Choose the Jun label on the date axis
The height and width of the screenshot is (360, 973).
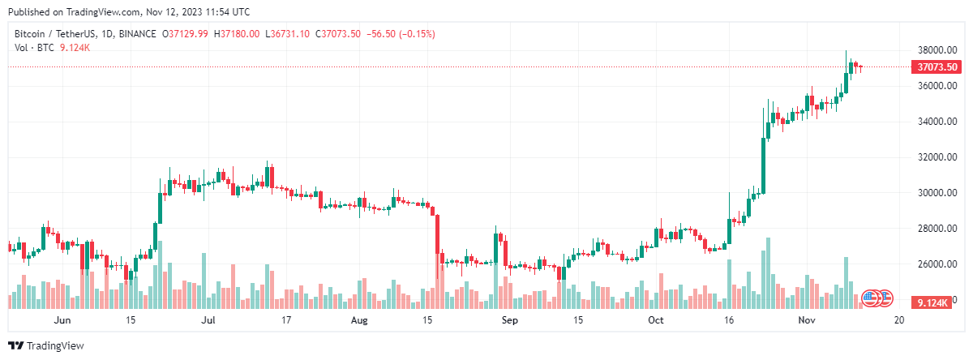pyautogui.click(x=62, y=320)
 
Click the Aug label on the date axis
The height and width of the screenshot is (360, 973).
pyautogui.click(x=359, y=320)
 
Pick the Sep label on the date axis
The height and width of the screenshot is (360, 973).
pyautogui.click(x=509, y=320)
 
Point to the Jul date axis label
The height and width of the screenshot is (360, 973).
pyautogui.click(x=208, y=320)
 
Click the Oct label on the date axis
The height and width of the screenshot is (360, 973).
pyautogui.click(x=656, y=320)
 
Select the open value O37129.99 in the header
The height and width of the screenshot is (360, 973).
pyautogui.click(x=186, y=34)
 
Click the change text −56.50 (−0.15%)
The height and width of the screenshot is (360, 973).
pyautogui.click(x=401, y=34)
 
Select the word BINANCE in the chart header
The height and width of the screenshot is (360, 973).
pyautogui.click(x=135, y=34)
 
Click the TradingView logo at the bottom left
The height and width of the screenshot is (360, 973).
pyautogui.click(x=46, y=346)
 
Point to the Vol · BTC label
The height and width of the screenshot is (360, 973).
pyautogui.click(x=32, y=48)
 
